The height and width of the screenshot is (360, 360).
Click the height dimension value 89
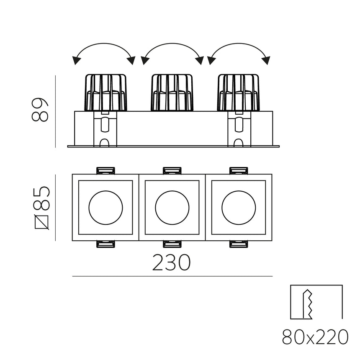pos(41,110)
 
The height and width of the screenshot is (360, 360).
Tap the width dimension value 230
pos(171,262)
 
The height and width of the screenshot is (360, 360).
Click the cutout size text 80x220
pos(315,337)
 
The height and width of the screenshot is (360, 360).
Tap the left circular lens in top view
pos(106,207)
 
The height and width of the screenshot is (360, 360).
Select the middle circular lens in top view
pos(172,207)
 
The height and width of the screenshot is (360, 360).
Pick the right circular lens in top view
pos(239,207)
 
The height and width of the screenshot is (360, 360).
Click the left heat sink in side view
pos(106,93)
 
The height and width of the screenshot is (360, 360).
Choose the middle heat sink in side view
pos(172,93)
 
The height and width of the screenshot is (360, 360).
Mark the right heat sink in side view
pos(238,93)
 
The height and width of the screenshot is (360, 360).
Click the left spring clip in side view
pos(105,129)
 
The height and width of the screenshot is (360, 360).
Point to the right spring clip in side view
pos(239,129)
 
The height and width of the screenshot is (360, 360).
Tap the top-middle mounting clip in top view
pos(172,170)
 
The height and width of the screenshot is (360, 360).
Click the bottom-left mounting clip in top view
pos(105,244)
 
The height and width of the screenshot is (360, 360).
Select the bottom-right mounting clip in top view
pos(239,244)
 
